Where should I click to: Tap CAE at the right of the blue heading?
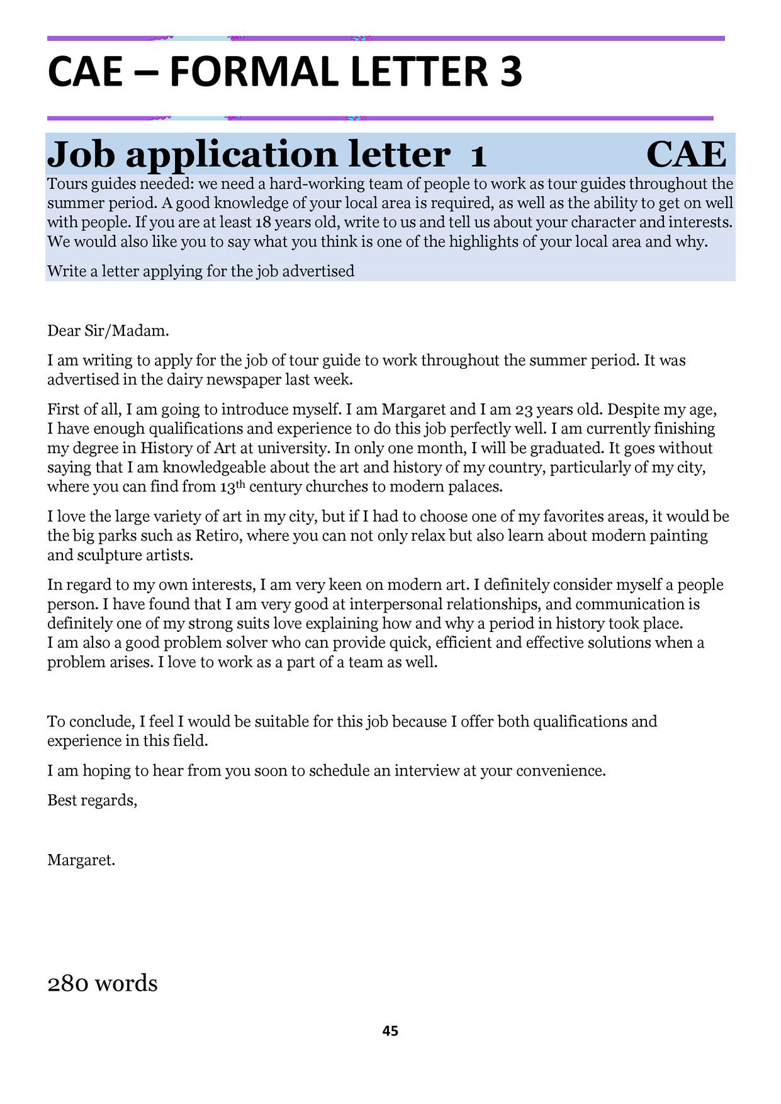pyautogui.click(x=685, y=154)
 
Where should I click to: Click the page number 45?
pyautogui.click(x=390, y=1031)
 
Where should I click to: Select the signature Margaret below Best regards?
pyautogui.click(x=81, y=860)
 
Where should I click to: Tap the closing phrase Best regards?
pyautogui.click(x=92, y=801)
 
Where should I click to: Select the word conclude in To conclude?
pyautogui.click(x=108, y=722)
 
